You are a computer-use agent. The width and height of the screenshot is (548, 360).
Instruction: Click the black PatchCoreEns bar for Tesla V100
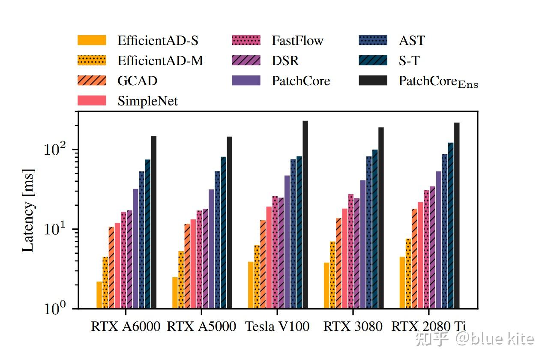click(305, 214)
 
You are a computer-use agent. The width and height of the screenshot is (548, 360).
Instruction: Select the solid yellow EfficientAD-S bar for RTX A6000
click(99, 295)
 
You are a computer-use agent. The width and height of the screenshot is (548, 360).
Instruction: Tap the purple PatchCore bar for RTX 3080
click(363, 244)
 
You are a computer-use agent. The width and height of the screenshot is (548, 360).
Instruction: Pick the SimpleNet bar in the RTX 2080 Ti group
click(420, 255)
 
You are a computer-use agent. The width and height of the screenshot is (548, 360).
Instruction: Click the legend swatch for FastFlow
click(246, 41)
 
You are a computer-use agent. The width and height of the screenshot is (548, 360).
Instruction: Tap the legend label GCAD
click(137, 81)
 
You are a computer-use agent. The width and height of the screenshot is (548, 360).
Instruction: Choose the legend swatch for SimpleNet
click(92, 101)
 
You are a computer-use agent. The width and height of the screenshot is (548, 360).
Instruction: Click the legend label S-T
click(409, 61)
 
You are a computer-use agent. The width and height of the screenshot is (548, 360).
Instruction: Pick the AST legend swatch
click(373, 41)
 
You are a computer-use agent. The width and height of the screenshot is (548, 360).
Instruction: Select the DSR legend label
click(285, 61)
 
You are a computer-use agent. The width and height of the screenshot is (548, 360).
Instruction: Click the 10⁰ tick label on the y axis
click(56, 309)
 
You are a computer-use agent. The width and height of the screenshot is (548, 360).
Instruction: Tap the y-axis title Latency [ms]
click(27, 210)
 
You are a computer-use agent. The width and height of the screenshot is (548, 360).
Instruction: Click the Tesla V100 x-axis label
click(277, 327)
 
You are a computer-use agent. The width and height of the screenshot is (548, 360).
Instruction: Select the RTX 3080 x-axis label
click(353, 327)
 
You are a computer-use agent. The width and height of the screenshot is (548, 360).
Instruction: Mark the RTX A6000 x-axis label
click(126, 327)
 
